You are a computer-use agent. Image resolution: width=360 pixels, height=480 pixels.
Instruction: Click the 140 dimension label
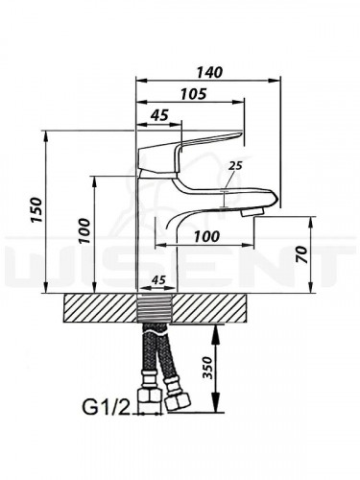(x=209, y=72)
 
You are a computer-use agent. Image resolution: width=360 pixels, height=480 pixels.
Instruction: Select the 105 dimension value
(x=194, y=94)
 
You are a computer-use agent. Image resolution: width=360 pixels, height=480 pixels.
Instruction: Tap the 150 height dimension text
(x=36, y=210)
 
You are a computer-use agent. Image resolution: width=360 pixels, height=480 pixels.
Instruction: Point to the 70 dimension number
(x=302, y=255)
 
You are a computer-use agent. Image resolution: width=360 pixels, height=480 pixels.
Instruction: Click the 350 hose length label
(x=208, y=368)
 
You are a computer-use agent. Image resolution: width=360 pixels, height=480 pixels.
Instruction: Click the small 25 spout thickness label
(x=235, y=166)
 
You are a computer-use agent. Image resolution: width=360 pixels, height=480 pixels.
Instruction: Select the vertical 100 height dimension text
(x=84, y=230)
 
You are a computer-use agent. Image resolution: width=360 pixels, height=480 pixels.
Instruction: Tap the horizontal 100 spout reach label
(x=206, y=237)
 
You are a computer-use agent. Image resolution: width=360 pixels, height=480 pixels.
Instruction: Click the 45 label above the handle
(x=159, y=115)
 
